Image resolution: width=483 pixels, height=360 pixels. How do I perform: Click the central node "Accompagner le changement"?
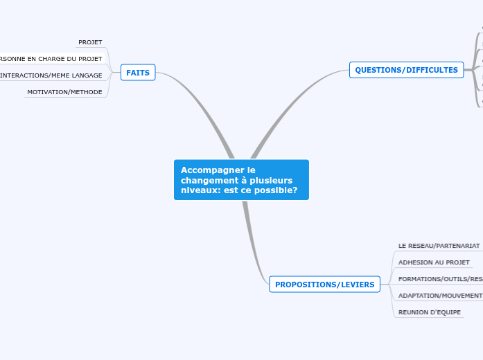pyautogui.click(x=240, y=179)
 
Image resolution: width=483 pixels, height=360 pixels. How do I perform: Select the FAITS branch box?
pyautogui.click(x=138, y=73)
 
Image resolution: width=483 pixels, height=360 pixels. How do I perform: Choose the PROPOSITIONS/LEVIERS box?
pyautogui.click(x=324, y=285)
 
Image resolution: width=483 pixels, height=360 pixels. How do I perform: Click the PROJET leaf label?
pyautogui.click(x=90, y=42)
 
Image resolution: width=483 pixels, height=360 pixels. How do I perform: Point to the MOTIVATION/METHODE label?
pyautogui.click(x=64, y=92)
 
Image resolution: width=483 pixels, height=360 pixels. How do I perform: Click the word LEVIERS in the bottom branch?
pyautogui.click(x=355, y=285)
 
